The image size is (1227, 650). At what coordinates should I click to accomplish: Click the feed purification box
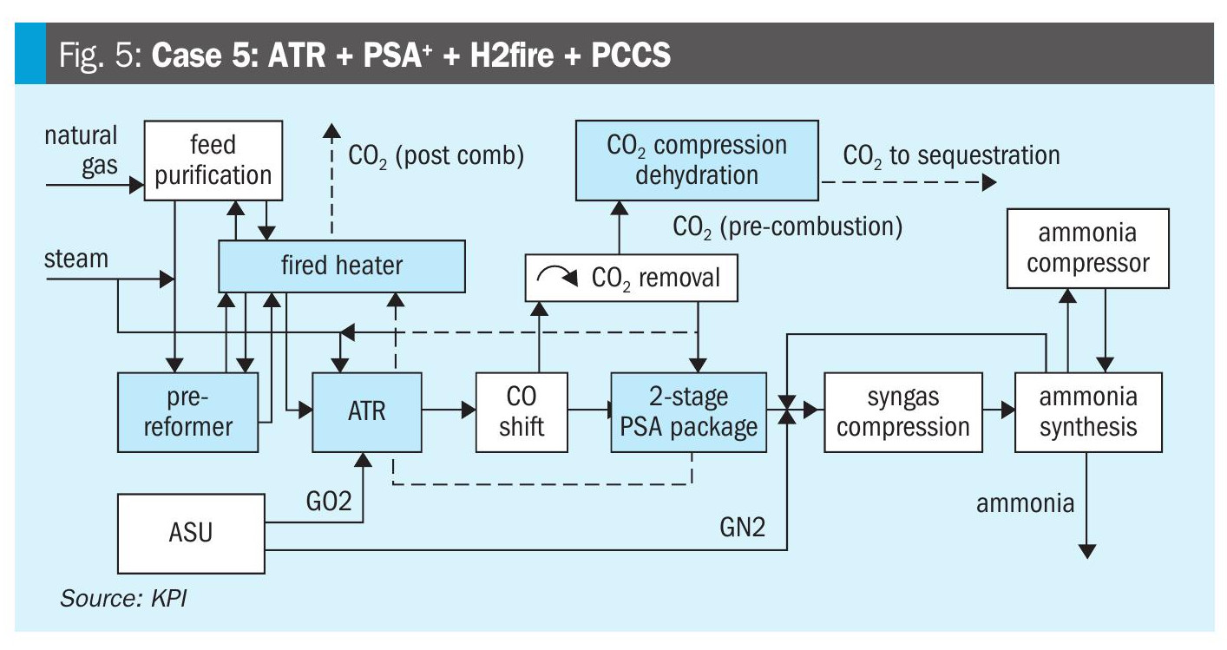[x=213, y=161]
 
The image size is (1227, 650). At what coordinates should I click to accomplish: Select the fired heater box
[x=342, y=266]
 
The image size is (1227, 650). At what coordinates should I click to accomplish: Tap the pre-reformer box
[x=188, y=412]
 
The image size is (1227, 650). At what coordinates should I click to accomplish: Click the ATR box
[x=367, y=411]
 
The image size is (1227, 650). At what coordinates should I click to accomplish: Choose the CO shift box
[x=522, y=411]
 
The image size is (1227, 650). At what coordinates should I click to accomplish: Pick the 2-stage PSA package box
[x=689, y=411]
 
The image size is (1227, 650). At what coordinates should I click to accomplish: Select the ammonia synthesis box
[x=1088, y=411]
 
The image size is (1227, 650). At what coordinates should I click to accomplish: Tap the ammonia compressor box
[x=1088, y=248]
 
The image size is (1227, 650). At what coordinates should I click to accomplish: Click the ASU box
[x=191, y=533]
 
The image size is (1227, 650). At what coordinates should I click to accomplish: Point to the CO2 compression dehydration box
[x=697, y=161]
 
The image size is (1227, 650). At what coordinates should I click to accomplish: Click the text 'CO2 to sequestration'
[x=951, y=156]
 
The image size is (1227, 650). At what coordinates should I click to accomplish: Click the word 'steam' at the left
[x=76, y=259]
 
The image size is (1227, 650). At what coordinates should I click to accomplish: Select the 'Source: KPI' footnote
[x=122, y=599]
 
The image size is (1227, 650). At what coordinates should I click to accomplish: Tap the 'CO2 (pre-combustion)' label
[x=787, y=227]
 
